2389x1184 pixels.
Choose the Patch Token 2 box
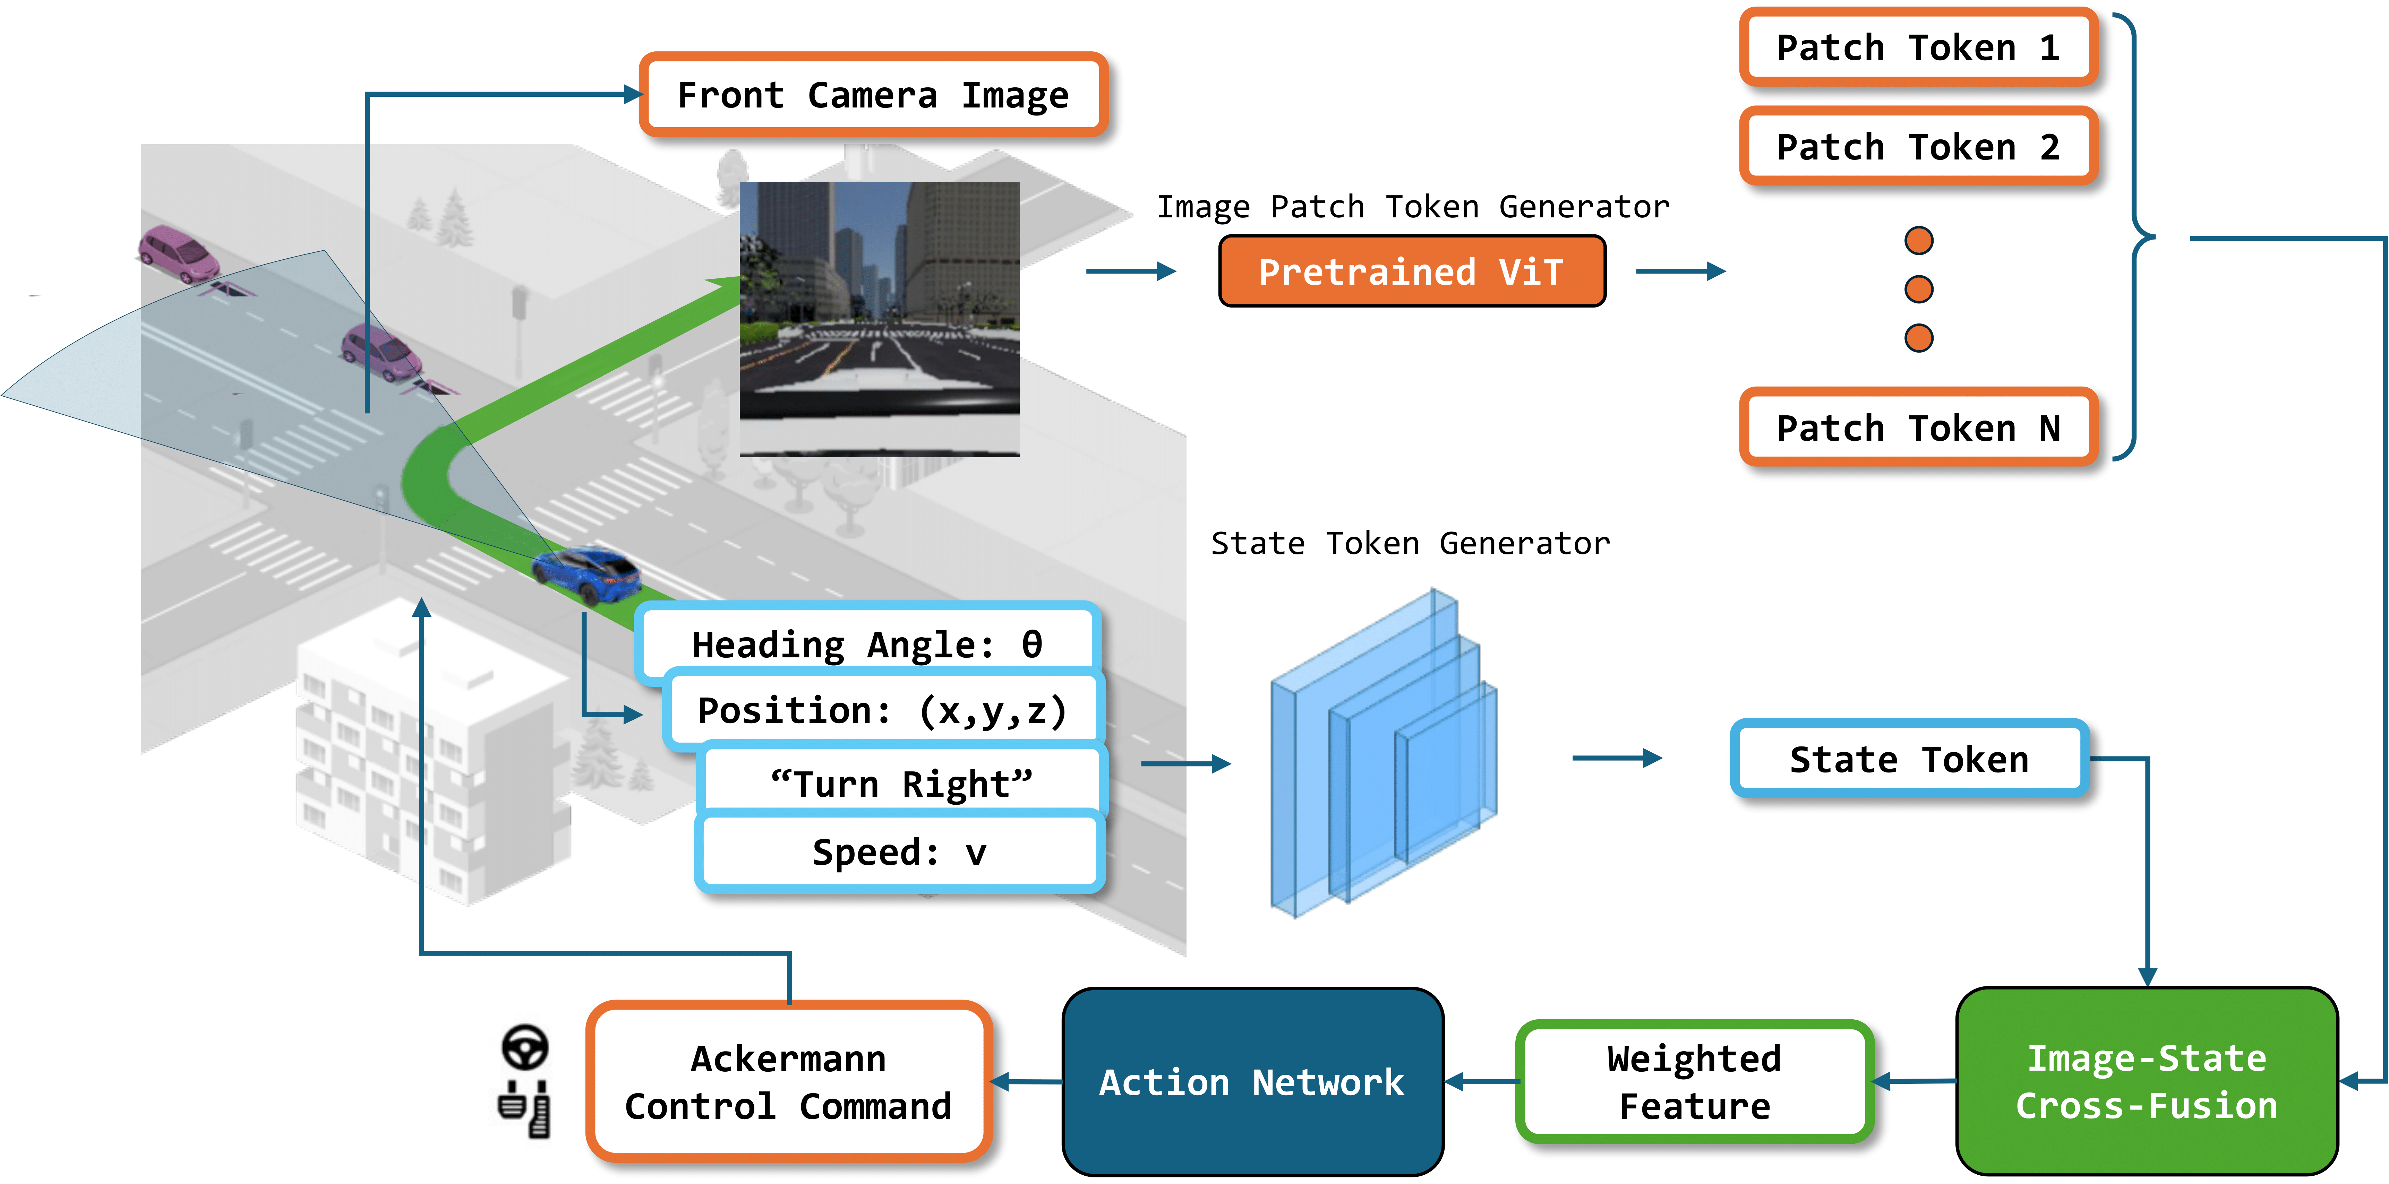pyautogui.click(x=1918, y=147)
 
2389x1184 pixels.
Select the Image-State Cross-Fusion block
pyautogui.click(x=2146, y=1081)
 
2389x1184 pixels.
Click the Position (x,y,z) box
pyautogui.click(x=881, y=710)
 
